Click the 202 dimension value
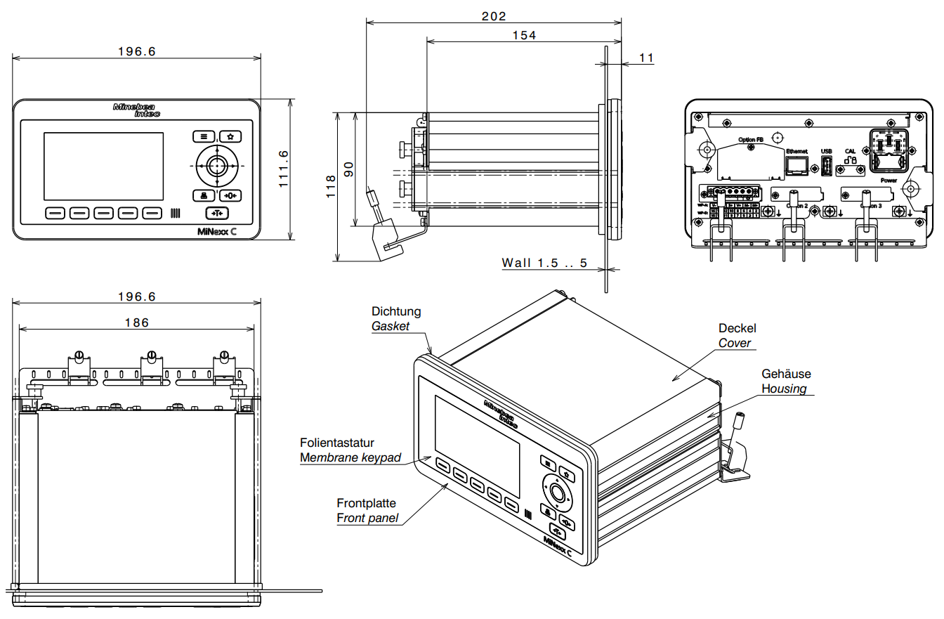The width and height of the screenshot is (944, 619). coord(494,16)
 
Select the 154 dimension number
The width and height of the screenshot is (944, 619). coord(523,35)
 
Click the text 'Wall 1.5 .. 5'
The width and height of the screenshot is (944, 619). coord(544,263)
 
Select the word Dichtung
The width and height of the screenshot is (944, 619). coord(396,311)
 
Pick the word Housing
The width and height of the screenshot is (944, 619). coord(784,389)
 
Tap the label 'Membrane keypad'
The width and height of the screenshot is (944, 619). coord(350,458)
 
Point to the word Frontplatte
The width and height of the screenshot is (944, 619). coord(366,503)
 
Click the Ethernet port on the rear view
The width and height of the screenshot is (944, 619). coord(796,166)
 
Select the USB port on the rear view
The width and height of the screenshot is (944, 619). coord(827,167)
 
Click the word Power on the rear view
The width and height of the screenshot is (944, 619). coord(889,179)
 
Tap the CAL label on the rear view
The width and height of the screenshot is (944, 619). coord(850,151)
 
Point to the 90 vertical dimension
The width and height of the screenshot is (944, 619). coord(349,169)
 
